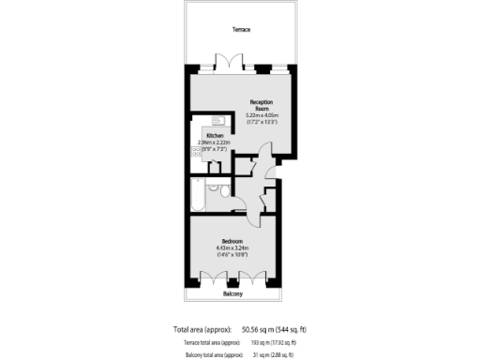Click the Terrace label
242,29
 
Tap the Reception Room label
260,104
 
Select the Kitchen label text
215,136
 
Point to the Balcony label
233,294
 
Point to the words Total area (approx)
204,328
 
